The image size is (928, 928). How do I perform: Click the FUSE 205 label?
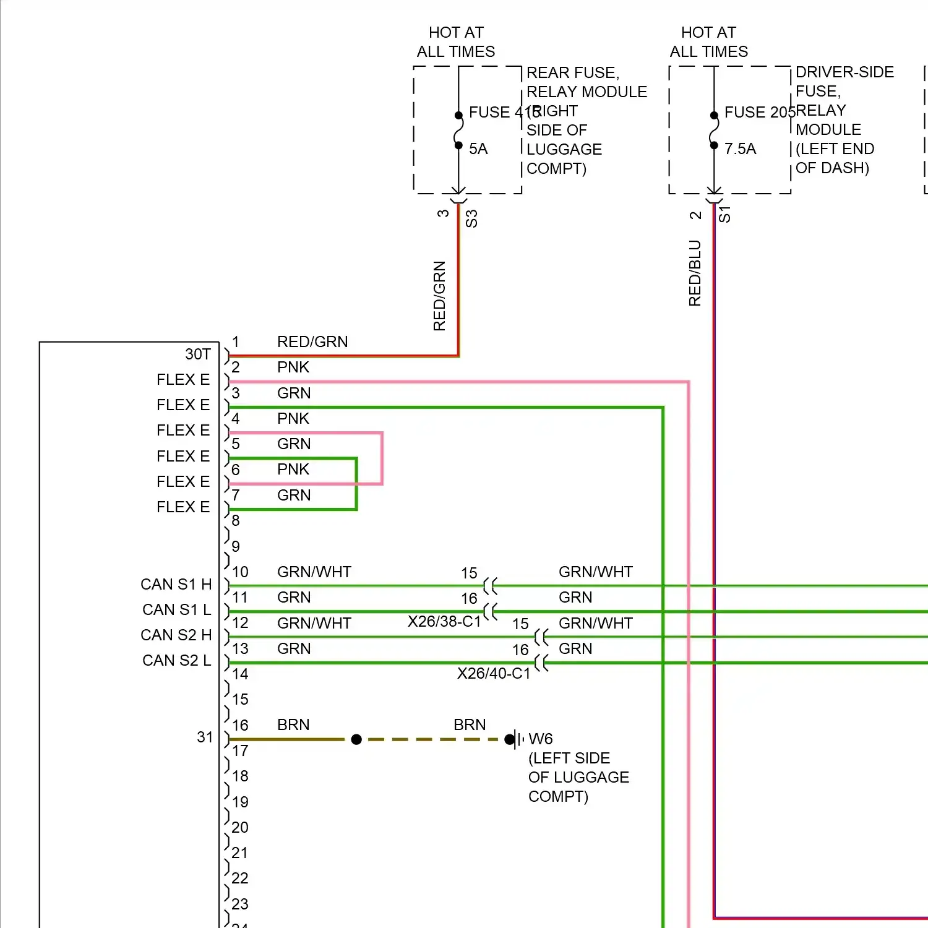[760, 112]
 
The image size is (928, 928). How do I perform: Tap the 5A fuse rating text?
[478, 149]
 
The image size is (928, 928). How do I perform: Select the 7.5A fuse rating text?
[740, 149]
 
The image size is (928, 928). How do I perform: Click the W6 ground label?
[540, 739]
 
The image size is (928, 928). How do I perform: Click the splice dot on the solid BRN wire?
[356, 739]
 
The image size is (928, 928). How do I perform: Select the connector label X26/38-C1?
[444, 621]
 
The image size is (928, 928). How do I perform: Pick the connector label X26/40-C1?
[494, 673]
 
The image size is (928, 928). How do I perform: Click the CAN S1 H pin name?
[176, 585]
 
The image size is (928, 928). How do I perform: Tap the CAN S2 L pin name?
[176, 661]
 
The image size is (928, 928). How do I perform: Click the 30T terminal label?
[198, 354]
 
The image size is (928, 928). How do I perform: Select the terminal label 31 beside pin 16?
[205, 737]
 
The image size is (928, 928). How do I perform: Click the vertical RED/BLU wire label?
[695, 273]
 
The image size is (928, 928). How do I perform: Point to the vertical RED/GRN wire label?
[439, 296]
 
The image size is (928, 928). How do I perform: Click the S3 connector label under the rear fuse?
[471, 218]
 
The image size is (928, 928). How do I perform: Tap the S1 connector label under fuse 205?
[724, 215]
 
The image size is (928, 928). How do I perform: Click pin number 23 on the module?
[240, 904]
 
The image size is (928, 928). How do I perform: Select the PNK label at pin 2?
[293, 367]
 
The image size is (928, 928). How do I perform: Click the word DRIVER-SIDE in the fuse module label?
[844, 72]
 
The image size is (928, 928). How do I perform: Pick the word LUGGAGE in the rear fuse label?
[564, 150]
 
